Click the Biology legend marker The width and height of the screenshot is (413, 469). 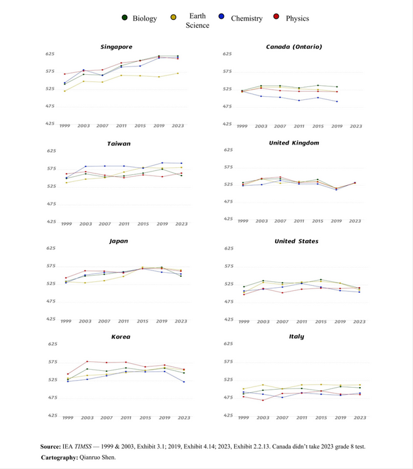coord(125,17)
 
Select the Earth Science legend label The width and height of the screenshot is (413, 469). coord(197,21)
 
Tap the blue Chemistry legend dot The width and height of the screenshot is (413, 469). coord(221,17)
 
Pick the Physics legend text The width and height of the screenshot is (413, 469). coord(297,18)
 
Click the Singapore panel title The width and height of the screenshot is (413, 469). coord(116,47)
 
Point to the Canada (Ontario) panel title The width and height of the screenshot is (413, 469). coord(294,46)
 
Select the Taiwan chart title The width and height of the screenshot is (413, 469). coord(119,144)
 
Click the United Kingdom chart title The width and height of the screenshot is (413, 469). coord(294,143)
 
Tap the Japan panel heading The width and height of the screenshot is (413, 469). coord(119,241)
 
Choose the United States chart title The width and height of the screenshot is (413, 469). coord(296,241)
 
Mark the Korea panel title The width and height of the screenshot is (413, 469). coord(121,337)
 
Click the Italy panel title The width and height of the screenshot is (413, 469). coord(296,337)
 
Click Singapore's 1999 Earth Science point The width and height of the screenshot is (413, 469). coord(65,91)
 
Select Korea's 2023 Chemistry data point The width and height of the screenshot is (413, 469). coord(184,382)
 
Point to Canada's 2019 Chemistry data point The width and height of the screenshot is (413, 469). coord(337,101)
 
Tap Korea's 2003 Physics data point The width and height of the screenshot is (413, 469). coord(87,361)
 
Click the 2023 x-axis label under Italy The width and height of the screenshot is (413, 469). coord(359,417)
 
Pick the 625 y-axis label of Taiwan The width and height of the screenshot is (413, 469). coord(52,151)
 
